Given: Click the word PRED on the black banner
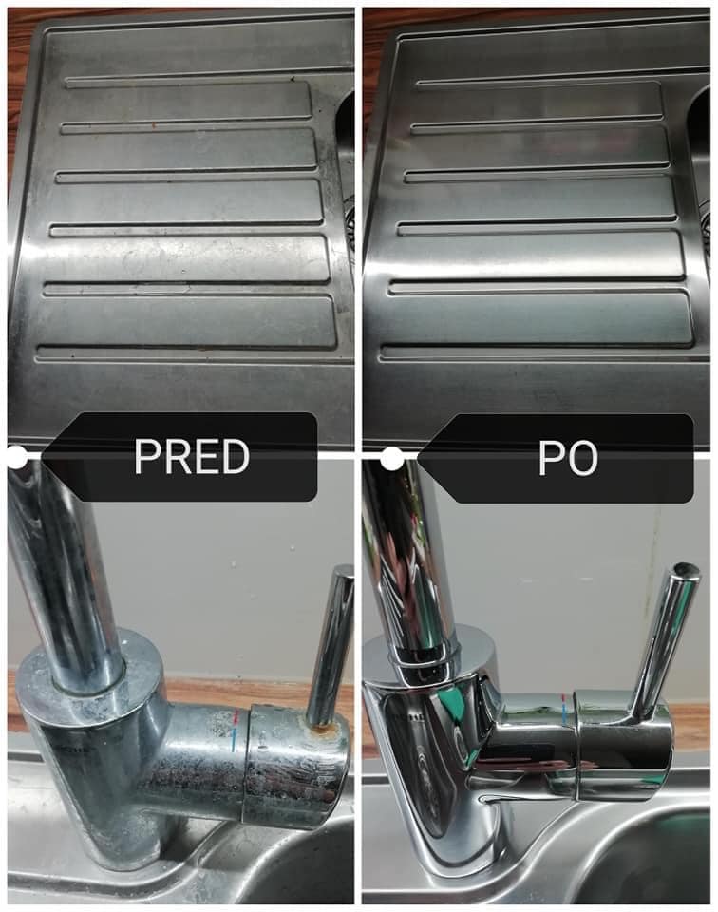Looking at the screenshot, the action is [192, 457].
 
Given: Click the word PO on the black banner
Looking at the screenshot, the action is [567, 459].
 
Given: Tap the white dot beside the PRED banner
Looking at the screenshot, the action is [17, 457].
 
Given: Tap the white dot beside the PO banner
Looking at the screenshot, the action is [392, 459].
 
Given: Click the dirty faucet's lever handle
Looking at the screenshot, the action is [331, 646].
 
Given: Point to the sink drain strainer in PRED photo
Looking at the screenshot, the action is [349, 216].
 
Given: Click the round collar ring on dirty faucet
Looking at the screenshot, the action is [87, 674].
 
